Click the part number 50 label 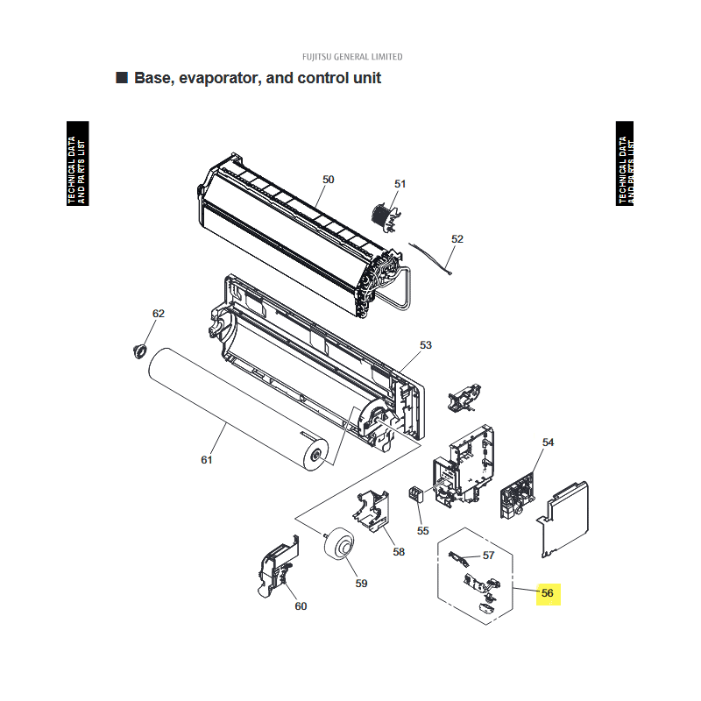click(328, 180)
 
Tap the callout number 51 click(400, 184)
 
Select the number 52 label click(457, 238)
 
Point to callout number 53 click(426, 344)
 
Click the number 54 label click(548, 443)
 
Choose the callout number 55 click(422, 531)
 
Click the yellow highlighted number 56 click(548, 593)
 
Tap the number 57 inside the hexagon click(488, 556)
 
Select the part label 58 click(399, 552)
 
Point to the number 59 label click(361, 584)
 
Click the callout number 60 click(301, 606)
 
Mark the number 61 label click(206, 460)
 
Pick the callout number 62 click(159, 314)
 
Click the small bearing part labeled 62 click(140, 351)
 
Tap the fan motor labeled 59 click(339, 542)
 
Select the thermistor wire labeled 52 click(430, 258)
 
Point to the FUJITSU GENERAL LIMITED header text click(352, 57)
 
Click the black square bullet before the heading click(122, 77)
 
